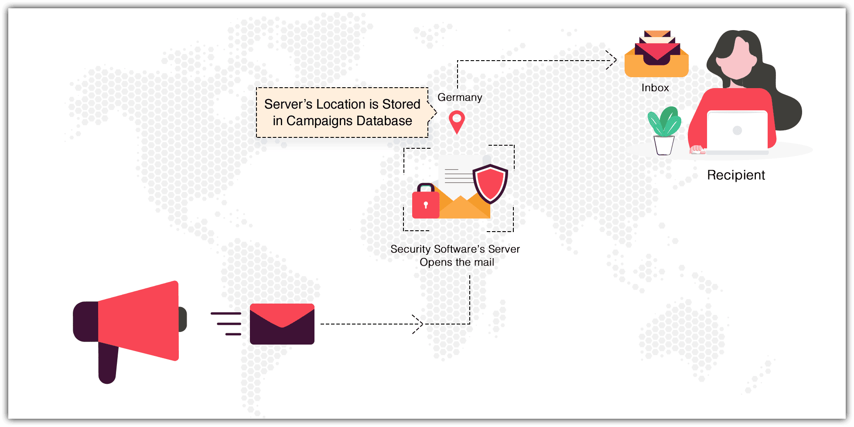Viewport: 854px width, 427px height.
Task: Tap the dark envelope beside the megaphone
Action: (x=282, y=324)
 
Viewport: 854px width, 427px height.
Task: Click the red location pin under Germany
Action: (x=457, y=121)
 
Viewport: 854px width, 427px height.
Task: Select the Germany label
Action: (x=460, y=97)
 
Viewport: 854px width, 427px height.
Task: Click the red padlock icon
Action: (x=425, y=202)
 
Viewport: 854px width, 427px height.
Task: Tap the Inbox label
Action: (x=655, y=88)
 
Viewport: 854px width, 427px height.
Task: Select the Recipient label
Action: (x=736, y=175)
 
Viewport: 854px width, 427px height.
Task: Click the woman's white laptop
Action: (x=737, y=131)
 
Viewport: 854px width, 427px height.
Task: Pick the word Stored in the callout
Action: (x=401, y=104)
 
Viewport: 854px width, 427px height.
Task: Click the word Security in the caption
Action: (x=410, y=249)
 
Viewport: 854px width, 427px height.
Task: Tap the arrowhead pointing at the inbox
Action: (x=612, y=60)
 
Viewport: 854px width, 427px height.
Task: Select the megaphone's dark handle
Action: (x=107, y=362)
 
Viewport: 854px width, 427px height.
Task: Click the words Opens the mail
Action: (x=457, y=262)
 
